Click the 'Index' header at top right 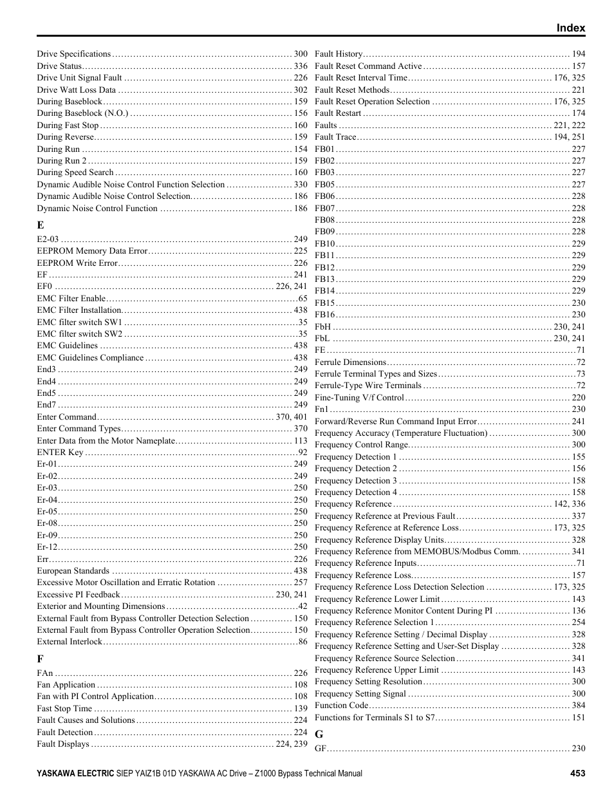click(570, 28)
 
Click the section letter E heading click(41, 225)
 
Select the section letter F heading click(40, 659)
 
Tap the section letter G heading click(319, 734)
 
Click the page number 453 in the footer click(577, 774)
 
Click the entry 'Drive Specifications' click(74, 54)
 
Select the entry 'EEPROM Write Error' click(77, 263)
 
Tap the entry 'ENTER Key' click(60, 453)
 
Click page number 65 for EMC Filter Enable click(302, 299)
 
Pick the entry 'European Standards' click(73, 571)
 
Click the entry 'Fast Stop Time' click(64, 709)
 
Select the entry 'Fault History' click(339, 54)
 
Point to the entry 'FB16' click(325, 315)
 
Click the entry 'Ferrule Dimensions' click(350, 362)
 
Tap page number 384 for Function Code click(578, 706)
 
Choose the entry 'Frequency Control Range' click(361, 445)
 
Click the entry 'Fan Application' click(66, 685)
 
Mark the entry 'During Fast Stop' click(68, 126)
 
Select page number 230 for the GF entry click(578, 748)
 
